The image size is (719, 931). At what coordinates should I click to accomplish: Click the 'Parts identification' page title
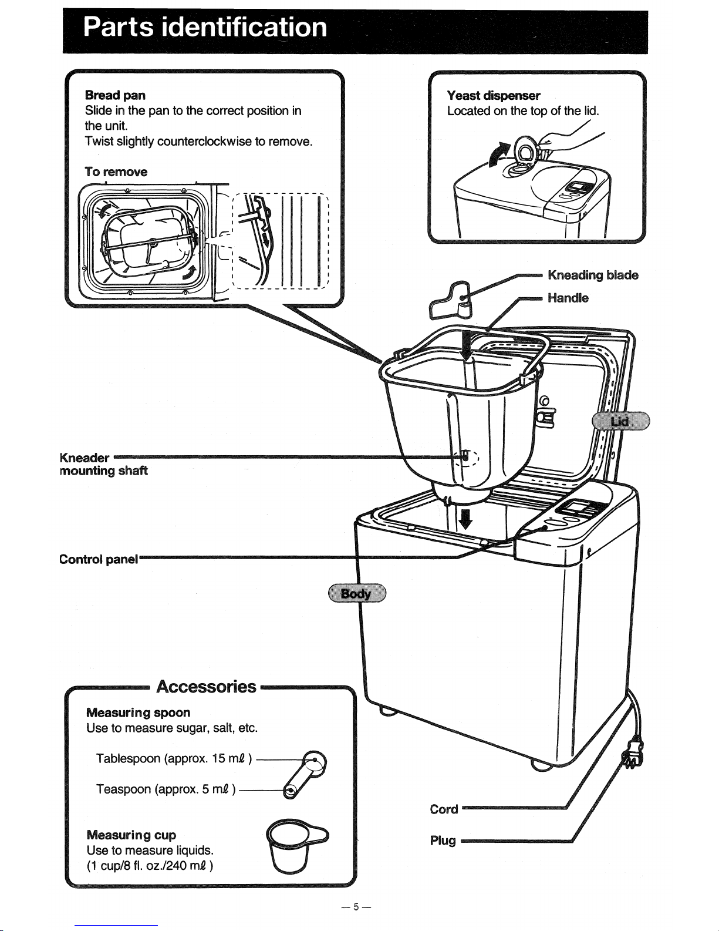[205, 28]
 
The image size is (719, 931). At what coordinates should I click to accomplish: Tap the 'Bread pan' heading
[115, 95]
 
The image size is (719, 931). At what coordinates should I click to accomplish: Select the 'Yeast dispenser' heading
[493, 95]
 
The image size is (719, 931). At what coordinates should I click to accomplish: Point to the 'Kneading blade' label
[593, 275]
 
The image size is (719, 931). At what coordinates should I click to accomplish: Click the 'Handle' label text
[568, 298]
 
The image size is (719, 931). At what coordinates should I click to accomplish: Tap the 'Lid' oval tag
[620, 421]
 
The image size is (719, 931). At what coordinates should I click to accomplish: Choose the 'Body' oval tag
[356, 593]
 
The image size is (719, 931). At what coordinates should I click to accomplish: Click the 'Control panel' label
[99, 559]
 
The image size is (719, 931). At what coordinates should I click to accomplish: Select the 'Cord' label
[444, 809]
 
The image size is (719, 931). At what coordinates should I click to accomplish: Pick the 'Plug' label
[443, 840]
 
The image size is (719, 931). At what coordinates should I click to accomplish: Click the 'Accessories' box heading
[207, 687]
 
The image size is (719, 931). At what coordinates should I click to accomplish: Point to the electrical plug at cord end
[633, 754]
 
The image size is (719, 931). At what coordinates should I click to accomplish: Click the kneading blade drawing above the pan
[452, 300]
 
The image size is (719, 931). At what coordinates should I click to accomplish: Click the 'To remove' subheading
[116, 172]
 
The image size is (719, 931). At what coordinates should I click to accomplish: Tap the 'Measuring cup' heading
[131, 835]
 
